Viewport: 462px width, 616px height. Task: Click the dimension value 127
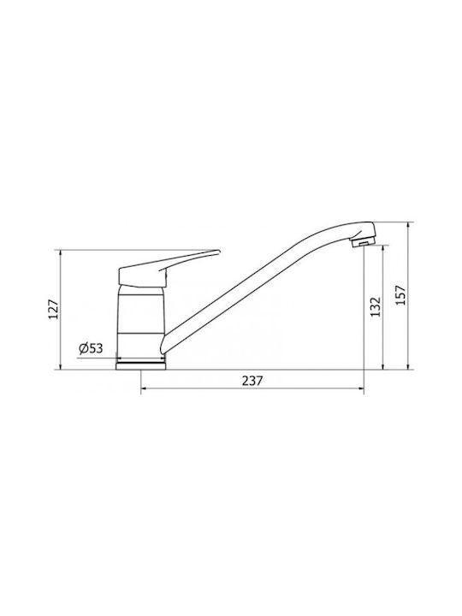[x=53, y=309]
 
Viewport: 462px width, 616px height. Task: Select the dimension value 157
[x=400, y=295]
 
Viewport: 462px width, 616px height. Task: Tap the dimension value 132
[x=376, y=307]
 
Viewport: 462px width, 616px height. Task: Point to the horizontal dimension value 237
[x=252, y=381]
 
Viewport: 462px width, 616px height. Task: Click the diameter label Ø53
[x=91, y=348]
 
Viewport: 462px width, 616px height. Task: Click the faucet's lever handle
[x=169, y=269]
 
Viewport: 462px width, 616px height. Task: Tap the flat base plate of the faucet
[x=140, y=366]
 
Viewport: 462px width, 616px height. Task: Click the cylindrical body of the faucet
[x=140, y=323]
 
